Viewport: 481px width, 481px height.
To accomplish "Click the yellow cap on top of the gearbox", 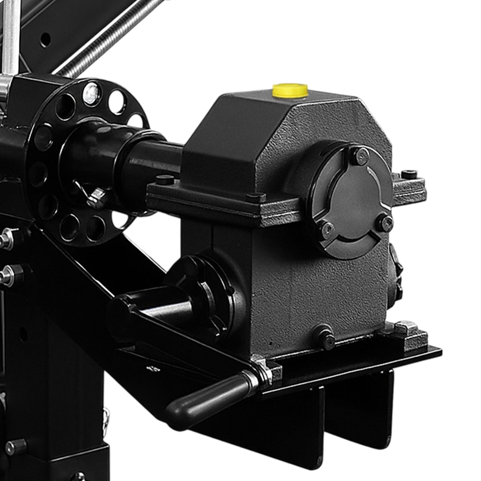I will (x=290, y=90).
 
